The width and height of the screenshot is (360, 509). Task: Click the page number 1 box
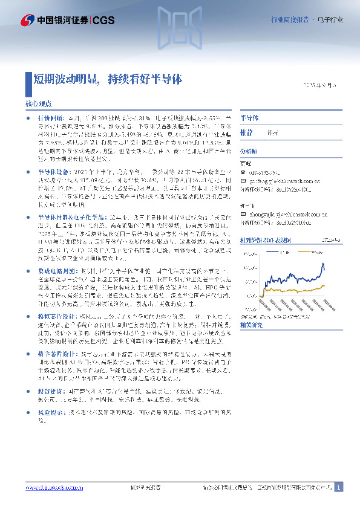pyautogui.click(x=339, y=487)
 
